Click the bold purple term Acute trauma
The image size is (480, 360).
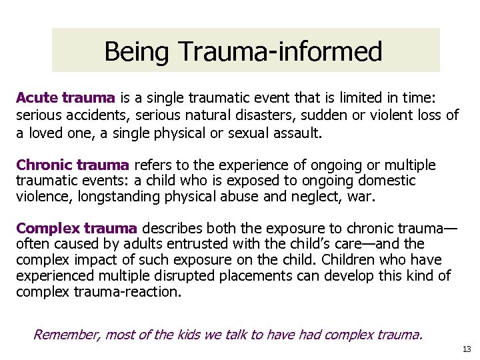click(65, 98)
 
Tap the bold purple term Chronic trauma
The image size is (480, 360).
click(73, 165)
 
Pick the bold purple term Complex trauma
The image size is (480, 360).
click(77, 229)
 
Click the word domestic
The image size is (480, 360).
click(387, 181)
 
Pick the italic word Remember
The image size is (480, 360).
click(65, 333)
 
